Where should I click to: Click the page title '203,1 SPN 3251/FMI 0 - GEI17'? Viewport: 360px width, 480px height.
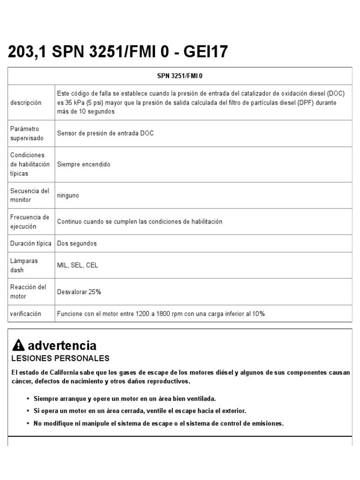pyautogui.click(x=118, y=52)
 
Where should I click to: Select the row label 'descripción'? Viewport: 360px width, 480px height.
pyautogui.click(x=26, y=103)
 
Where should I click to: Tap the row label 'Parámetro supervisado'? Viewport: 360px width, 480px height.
pyautogui.click(x=27, y=134)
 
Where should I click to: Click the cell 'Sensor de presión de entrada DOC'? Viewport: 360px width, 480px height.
pyautogui.click(x=105, y=134)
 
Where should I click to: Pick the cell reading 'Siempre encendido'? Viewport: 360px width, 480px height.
pyautogui.click(x=83, y=165)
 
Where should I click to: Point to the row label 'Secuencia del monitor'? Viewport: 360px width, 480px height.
pyautogui.click(x=30, y=195)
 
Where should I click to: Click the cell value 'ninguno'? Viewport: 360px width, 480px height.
pyautogui.click(x=68, y=195)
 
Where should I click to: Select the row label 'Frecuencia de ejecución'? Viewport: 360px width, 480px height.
pyautogui.click(x=30, y=222)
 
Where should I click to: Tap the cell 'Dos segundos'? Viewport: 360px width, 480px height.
pyautogui.click(x=77, y=244)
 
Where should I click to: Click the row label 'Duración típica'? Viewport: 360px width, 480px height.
pyautogui.click(x=31, y=244)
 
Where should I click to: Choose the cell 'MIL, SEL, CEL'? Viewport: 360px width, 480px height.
pyautogui.click(x=77, y=265)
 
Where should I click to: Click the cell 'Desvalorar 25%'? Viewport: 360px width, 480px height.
pyautogui.click(x=79, y=292)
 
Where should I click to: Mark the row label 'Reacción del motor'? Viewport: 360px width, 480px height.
pyautogui.click(x=28, y=292)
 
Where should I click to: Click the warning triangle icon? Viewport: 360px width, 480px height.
pyautogui.click(x=19, y=346)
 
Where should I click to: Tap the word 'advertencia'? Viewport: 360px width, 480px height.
pyautogui.click(x=62, y=346)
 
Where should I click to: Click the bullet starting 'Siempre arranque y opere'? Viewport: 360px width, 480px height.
pyautogui.click(x=125, y=398)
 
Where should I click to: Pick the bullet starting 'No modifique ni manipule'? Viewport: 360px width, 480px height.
pyautogui.click(x=158, y=423)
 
